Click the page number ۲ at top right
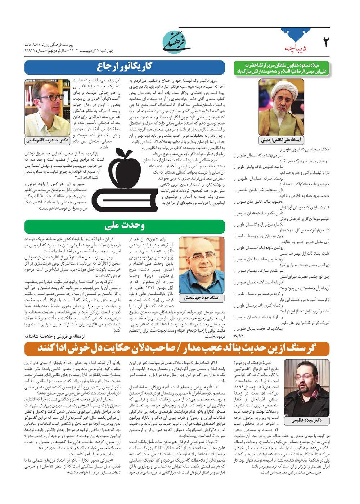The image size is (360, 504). click(325, 42)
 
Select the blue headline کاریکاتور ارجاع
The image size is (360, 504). click(125, 67)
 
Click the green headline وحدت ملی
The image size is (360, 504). click(125, 226)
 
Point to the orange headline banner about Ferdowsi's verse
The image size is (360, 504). click(177, 348)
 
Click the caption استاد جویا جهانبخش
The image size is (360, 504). click(201, 298)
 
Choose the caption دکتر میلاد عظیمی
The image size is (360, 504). click(307, 420)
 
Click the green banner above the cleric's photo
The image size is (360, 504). click(281, 68)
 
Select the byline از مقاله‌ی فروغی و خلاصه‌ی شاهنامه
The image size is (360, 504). click(54, 336)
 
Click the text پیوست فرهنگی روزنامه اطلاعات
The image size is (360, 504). click(49, 45)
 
